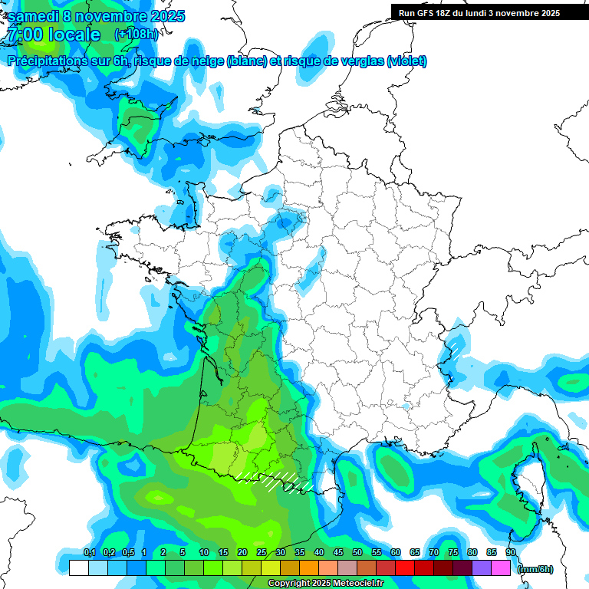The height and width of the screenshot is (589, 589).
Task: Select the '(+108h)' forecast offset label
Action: (x=136, y=35)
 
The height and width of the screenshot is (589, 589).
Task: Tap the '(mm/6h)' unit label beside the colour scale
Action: (x=535, y=568)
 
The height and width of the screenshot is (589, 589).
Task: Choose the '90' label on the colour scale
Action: (x=511, y=553)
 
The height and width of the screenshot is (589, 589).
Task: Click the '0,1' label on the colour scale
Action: (x=89, y=553)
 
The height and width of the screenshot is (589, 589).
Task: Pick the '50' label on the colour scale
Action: (x=357, y=553)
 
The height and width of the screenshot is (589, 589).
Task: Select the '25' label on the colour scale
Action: (x=262, y=553)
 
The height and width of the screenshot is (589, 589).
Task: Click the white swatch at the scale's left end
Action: (x=78, y=568)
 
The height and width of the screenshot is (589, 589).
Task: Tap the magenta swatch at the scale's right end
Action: (x=501, y=568)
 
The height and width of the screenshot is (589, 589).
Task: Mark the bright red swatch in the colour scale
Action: (x=405, y=568)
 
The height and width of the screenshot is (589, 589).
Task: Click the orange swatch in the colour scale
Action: (x=309, y=568)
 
